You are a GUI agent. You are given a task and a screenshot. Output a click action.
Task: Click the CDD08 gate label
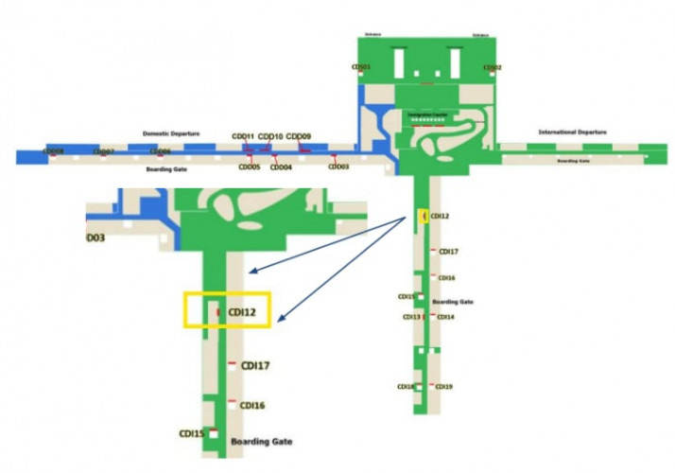click(x=54, y=151)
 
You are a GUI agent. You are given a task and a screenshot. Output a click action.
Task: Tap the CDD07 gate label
click(x=104, y=151)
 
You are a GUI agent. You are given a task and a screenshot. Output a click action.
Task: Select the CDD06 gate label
click(x=161, y=151)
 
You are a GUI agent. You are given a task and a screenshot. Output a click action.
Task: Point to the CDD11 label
click(x=243, y=136)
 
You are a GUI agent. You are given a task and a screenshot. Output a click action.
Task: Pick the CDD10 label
click(x=270, y=136)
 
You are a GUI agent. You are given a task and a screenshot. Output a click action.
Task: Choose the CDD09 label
click(x=299, y=136)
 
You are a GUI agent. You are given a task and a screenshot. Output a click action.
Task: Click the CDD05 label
click(x=249, y=167)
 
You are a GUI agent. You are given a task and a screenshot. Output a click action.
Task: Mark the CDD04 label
click(x=281, y=167)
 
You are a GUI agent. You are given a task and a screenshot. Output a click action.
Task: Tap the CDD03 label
click(x=338, y=166)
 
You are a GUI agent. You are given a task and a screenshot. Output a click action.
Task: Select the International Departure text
click(x=572, y=132)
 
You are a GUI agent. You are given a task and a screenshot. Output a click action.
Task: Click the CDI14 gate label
click(x=443, y=317)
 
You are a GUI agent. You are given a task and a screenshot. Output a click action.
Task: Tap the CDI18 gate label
click(x=406, y=386)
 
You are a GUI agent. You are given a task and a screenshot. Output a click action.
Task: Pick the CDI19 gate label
click(x=443, y=386)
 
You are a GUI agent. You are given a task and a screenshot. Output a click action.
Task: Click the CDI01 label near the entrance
click(x=360, y=67)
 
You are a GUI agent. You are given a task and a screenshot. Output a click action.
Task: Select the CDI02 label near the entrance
click(x=492, y=67)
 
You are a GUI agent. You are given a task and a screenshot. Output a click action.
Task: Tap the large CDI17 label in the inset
click(x=255, y=365)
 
